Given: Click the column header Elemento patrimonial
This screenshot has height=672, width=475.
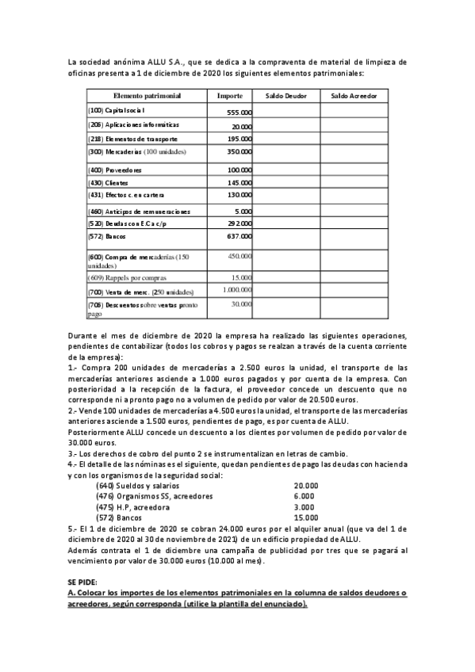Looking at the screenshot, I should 147,95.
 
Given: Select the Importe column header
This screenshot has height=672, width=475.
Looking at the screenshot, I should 230,95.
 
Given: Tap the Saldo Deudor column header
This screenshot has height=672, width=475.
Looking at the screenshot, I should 285,95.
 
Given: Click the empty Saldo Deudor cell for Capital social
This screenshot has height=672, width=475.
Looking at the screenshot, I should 285,111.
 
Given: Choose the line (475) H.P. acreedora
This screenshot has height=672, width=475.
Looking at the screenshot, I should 132,506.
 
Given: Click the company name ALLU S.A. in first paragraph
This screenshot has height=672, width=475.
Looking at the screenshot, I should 147,61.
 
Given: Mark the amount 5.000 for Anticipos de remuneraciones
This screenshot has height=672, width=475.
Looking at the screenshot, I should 243,212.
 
